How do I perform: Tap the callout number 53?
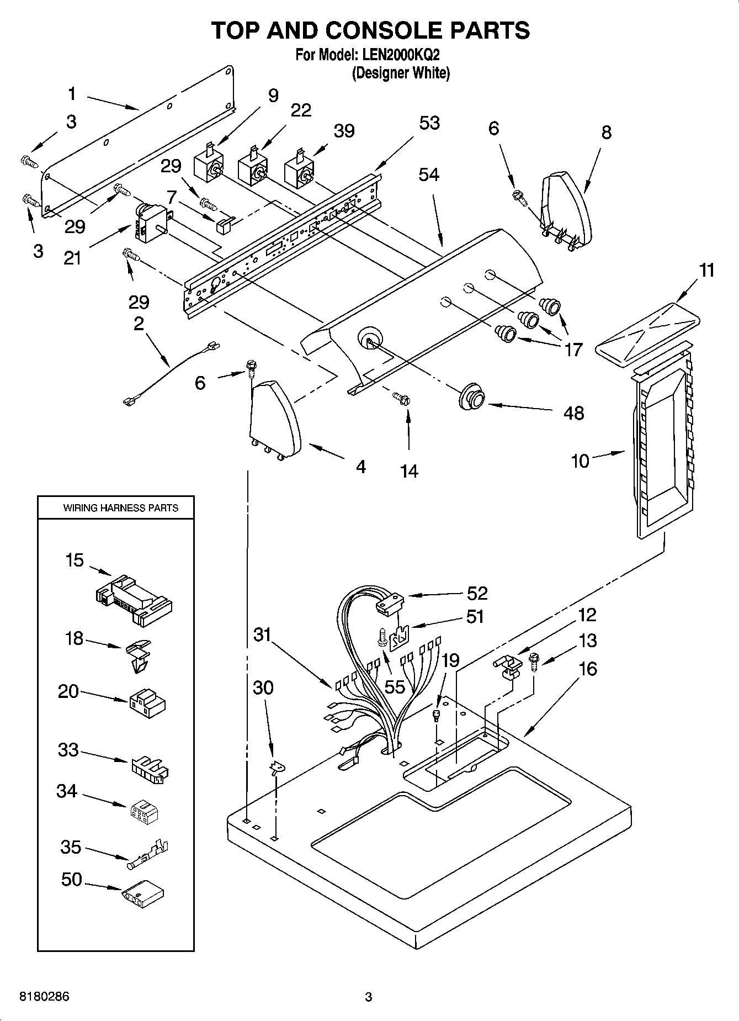[x=429, y=123]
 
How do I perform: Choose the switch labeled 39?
[x=299, y=171]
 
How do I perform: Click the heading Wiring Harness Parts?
[x=120, y=507]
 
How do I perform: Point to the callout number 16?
[x=588, y=669]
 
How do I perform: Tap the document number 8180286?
[x=45, y=997]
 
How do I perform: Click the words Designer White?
[x=401, y=73]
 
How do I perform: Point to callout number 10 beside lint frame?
[x=580, y=461]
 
